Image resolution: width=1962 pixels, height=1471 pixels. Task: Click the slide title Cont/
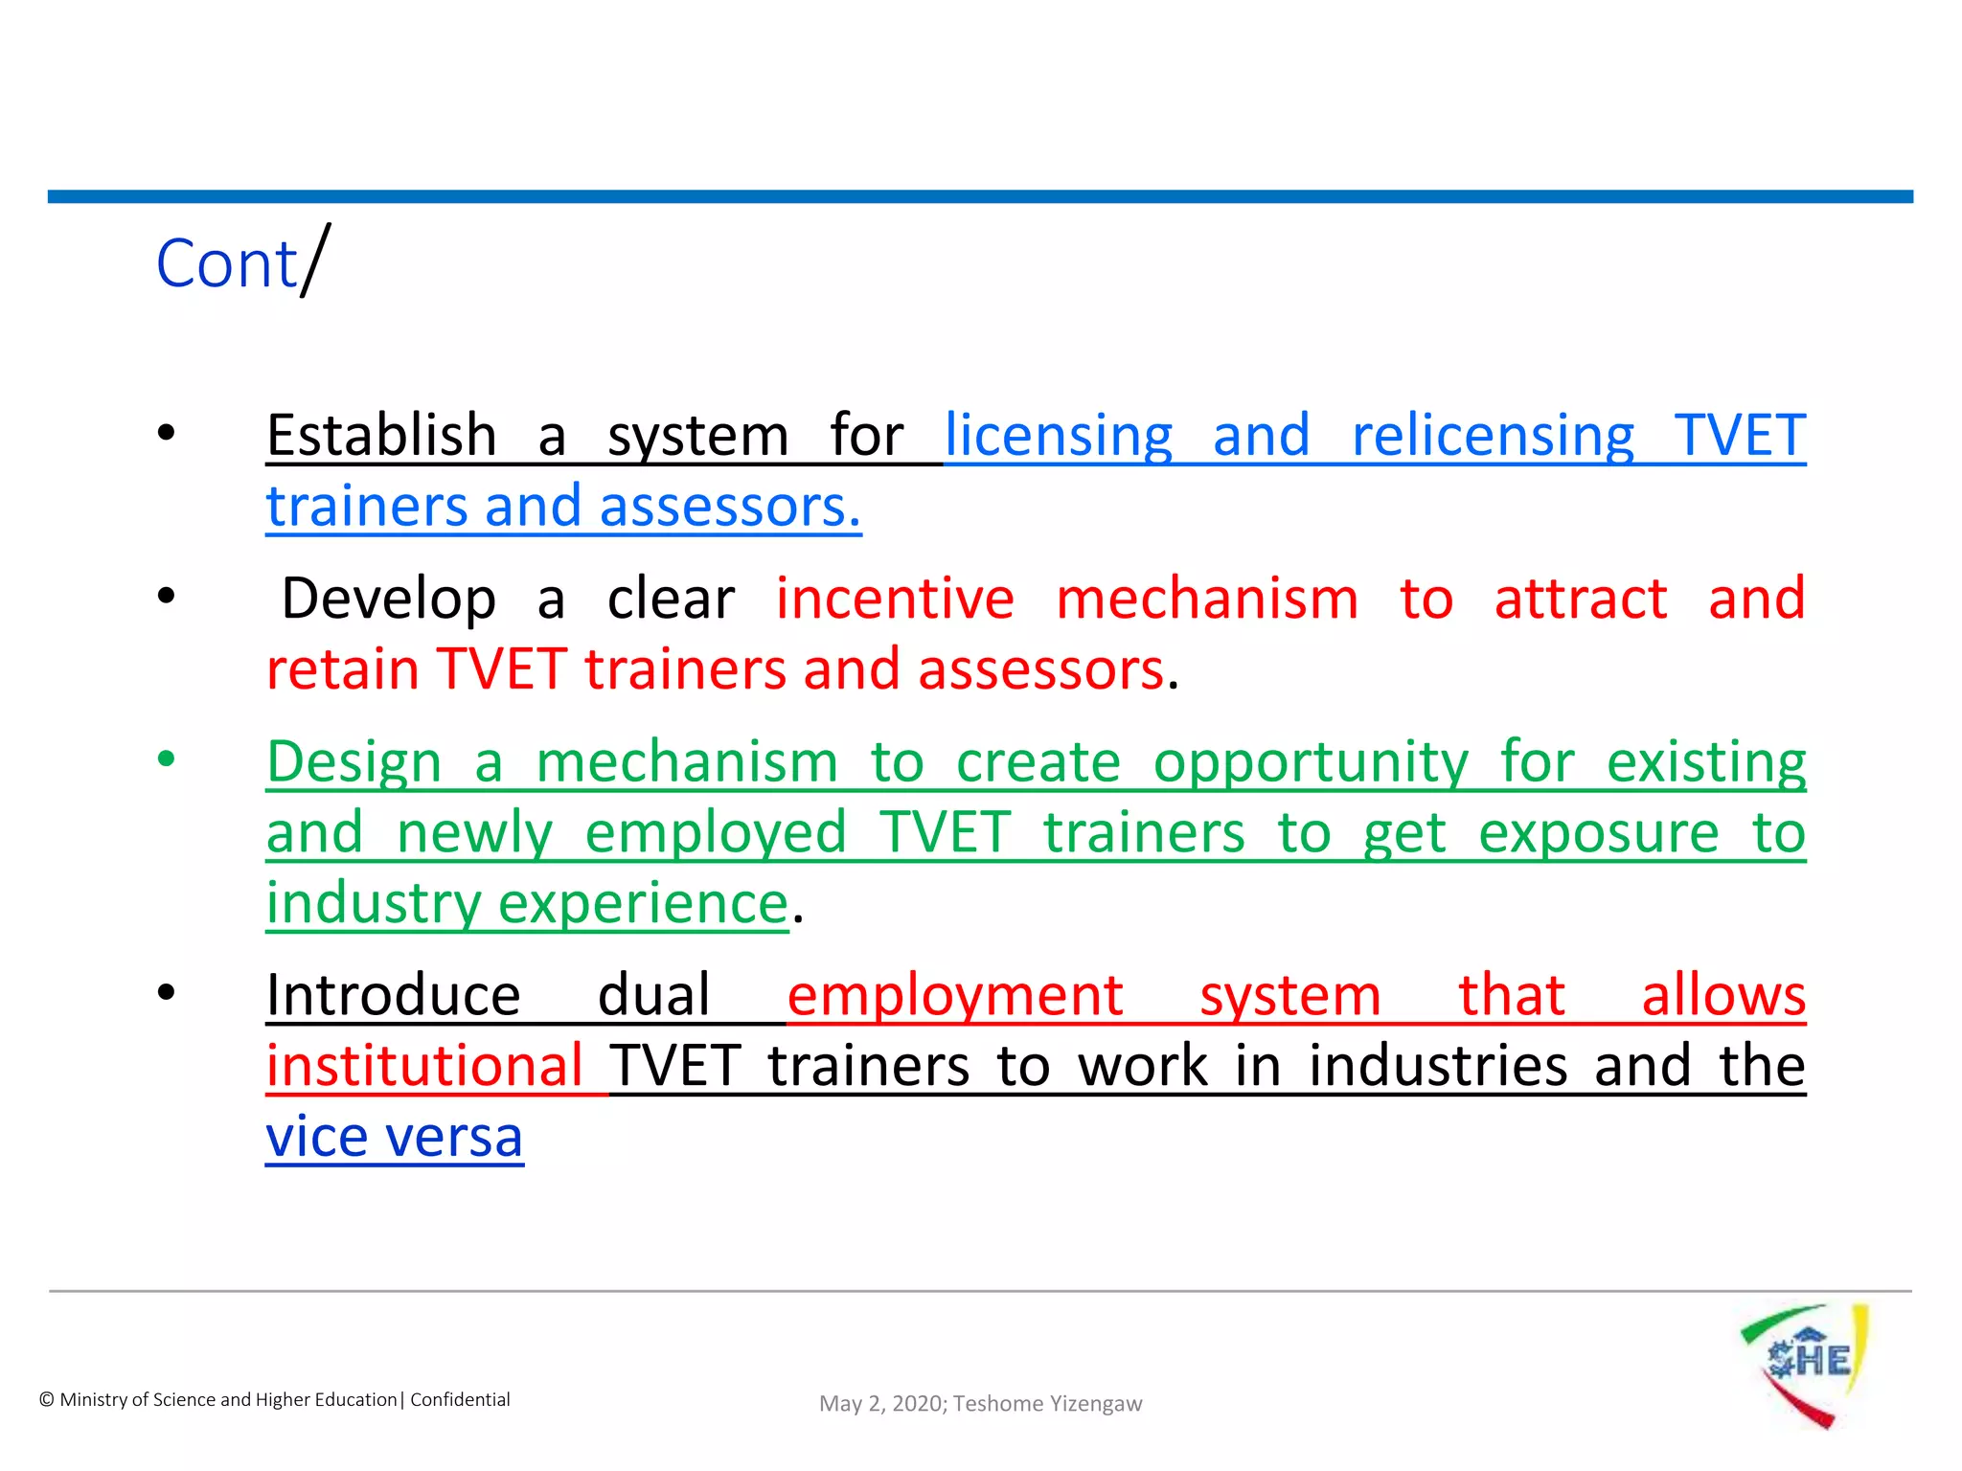(241, 262)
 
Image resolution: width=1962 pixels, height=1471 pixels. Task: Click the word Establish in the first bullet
(380, 436)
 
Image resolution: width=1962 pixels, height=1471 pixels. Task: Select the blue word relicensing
(1492, 436)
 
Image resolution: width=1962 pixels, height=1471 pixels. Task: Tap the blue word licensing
(1058, 436)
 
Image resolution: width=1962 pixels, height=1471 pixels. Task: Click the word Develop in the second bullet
(388, 600)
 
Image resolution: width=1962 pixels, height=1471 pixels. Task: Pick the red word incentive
(894, 600)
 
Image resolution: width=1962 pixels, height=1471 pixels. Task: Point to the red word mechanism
(1206, 600)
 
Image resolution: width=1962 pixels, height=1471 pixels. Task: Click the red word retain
(342, 669)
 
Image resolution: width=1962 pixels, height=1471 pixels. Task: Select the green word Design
(354, 763)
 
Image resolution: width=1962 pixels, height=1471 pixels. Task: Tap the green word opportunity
(1310, 763)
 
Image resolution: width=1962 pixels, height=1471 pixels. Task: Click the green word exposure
(1598, 833)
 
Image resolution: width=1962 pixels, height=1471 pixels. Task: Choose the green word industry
(374, 903)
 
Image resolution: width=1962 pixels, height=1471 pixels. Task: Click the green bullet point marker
(167, 759)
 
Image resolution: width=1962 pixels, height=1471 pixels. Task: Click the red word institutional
(423, 1066)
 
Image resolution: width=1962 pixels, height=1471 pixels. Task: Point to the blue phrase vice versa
(394, 1137)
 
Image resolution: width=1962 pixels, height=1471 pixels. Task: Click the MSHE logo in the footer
(1805, 1365)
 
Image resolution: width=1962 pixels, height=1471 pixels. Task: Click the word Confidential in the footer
(460, 1400)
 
